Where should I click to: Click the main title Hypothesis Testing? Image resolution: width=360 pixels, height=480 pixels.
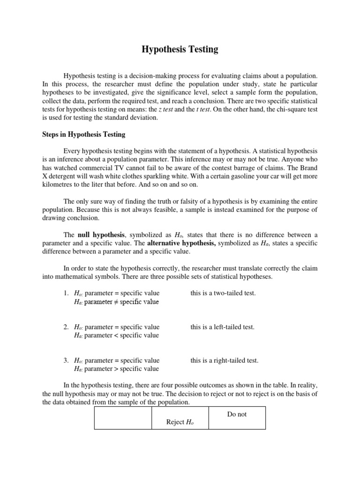click(x=180, y=49)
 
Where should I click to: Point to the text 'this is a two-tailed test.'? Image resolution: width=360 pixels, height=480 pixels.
click(x=223, y=293)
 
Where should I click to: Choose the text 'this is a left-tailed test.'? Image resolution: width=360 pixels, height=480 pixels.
click(x=223, y=327)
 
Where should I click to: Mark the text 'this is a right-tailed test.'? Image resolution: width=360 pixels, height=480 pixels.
click(x=225, y=361)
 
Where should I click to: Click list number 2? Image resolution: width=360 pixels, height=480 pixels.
click(x=66, y=327)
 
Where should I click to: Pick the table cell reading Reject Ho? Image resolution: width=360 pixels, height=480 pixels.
click(x=180, y=422)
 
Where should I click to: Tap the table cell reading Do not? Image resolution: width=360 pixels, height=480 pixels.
click(x=236, y=414)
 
